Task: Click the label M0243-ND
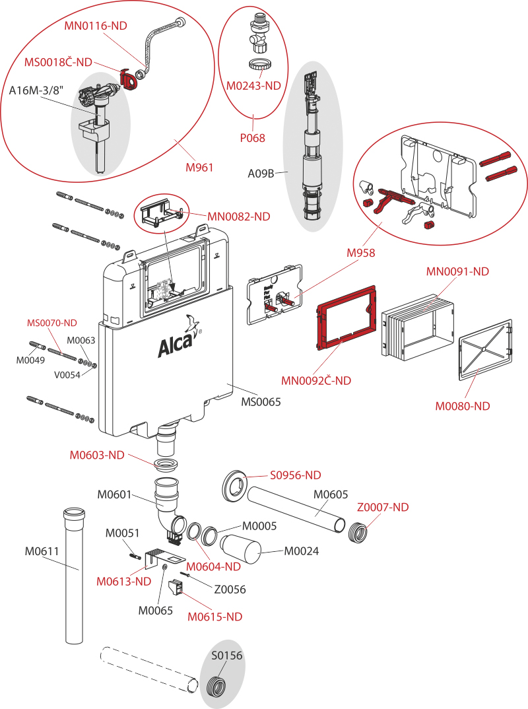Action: click(253, 85)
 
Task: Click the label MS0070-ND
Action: click(51, 323)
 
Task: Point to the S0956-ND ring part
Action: click(234, 485)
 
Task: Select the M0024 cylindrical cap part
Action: click(241, 549)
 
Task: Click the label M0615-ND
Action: click(214, 617)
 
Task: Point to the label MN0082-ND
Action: click(238, 215)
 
